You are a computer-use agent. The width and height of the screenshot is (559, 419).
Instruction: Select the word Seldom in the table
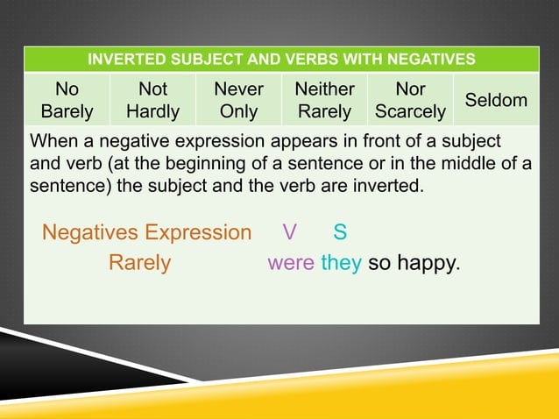click(496, 100)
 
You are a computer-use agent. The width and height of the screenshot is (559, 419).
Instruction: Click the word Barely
click(67, 111)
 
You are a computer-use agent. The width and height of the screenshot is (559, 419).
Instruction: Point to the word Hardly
click(152, 111)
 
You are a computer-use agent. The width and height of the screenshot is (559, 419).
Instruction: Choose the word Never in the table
click(238, 89)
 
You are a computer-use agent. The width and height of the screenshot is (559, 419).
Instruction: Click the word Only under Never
click(238, 111)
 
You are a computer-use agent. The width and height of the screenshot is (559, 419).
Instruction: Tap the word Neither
click(324, 89)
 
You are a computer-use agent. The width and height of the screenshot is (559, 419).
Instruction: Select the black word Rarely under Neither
click(324, 111)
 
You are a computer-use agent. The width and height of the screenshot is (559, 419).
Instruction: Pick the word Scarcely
click(410, 112)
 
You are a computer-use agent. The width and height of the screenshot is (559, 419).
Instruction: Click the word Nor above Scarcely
click(410, 89)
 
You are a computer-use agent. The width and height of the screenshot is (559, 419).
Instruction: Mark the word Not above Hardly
click(152, 89)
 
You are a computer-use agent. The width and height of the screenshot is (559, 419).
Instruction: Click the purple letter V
click(289, 232)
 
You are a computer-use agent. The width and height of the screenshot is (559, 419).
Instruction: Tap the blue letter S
click(340, 232)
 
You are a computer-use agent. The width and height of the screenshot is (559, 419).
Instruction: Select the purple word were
click(291, 263)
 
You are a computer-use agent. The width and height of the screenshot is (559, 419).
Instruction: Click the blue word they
click(341, 263)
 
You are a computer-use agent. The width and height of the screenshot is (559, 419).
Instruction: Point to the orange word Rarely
click(139, 263)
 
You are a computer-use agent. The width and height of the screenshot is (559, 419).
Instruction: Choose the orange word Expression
click(198, 232)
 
